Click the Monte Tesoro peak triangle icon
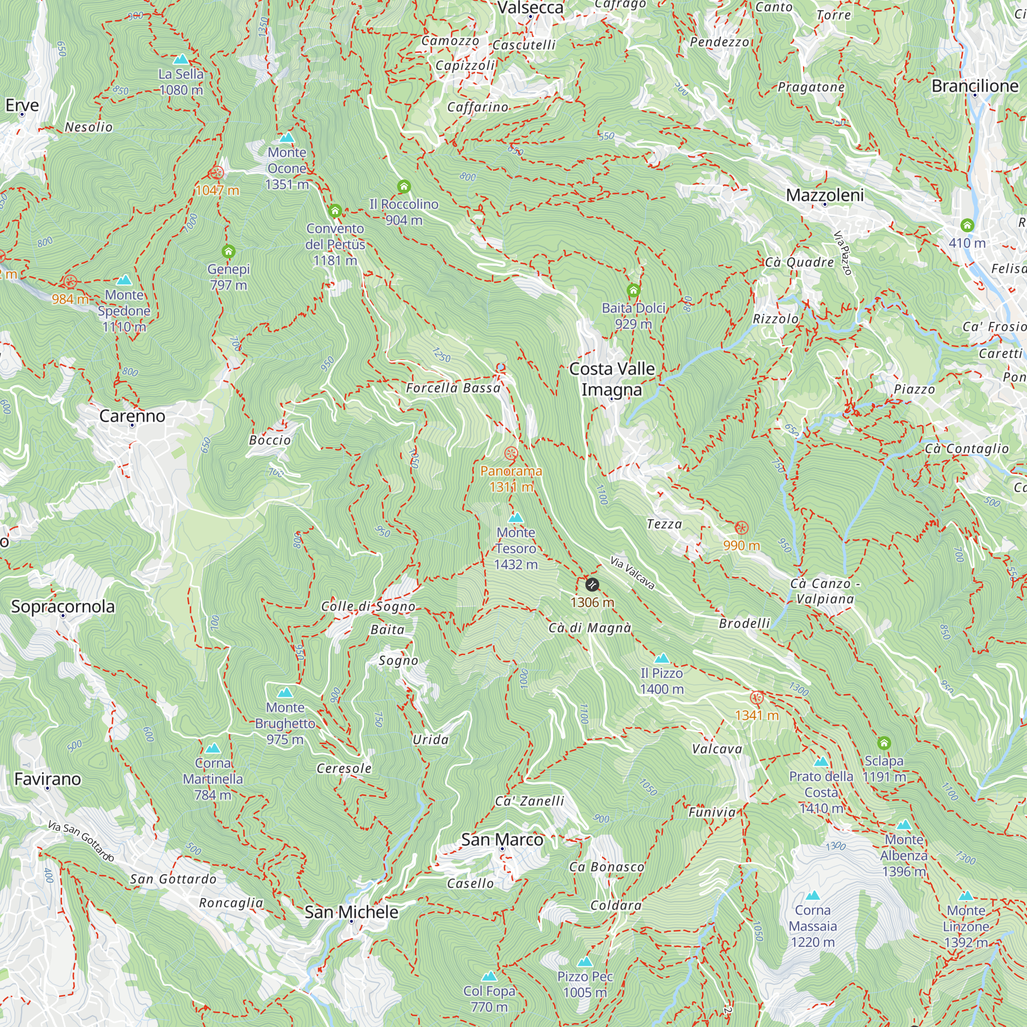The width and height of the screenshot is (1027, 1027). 516,518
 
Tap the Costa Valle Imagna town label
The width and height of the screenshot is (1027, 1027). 612,379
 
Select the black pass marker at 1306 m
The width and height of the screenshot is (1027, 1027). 592,585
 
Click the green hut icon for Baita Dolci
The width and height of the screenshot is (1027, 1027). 633,290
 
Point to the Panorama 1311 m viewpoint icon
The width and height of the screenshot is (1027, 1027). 511,453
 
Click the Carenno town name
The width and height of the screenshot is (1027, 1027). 132,416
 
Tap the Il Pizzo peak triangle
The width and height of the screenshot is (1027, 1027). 661,659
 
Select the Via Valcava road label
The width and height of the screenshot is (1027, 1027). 632,573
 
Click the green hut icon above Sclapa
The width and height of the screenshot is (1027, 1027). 883,743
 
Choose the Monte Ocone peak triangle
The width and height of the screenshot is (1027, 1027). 287,138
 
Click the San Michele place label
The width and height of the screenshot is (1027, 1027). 351,912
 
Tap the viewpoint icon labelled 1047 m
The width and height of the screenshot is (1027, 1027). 216,173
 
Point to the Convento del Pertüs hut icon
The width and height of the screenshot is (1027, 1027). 335,211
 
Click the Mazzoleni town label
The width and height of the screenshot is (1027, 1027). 825,195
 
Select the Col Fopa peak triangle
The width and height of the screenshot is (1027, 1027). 489,977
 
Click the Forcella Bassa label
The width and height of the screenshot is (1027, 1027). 453,388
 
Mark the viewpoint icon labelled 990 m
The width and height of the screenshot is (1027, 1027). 741,528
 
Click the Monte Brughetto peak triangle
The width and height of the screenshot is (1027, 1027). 285,693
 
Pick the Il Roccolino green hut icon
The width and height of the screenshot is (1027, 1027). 404,186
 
